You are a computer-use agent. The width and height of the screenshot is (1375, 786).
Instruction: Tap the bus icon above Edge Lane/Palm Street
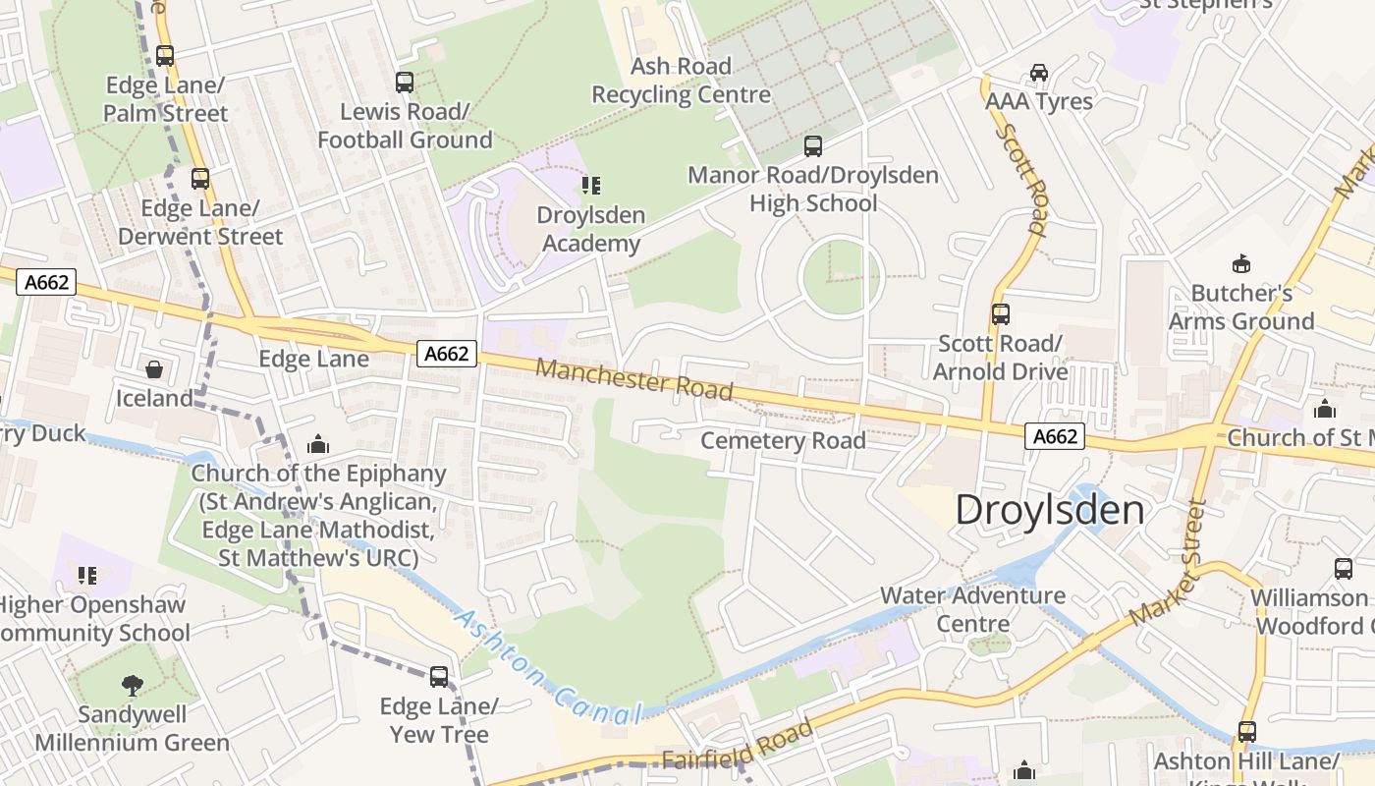click(165, 56)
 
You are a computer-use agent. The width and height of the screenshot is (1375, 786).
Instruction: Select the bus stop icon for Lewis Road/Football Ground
click(405, 83)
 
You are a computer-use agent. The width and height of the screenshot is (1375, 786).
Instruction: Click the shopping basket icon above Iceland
click(154, 369)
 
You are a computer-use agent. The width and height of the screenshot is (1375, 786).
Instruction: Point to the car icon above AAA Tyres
click(1038, 73)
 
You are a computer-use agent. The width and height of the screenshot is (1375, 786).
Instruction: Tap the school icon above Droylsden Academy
click(590, 185)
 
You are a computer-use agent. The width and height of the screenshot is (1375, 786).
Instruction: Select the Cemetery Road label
click(783, 440)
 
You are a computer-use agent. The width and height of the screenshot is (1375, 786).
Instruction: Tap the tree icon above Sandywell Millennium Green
click(132, 685)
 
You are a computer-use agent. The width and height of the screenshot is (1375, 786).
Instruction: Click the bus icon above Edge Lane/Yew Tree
click(439, 677)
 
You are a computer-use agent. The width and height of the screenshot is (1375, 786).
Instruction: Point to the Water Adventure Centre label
click(972, 609)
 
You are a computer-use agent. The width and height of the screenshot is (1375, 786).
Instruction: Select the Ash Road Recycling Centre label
click(681, 81)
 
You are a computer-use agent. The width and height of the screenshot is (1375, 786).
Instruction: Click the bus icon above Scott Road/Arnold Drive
click(1000, 314)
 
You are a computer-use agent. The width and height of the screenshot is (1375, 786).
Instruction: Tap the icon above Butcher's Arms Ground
click(1240, 263)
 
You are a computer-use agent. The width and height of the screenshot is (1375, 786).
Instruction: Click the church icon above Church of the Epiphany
click(317, 445)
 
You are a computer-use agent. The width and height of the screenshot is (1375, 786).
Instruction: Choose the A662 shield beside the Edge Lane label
click(447, 354)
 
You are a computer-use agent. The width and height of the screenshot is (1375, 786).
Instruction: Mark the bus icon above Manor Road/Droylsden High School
click(812, 146)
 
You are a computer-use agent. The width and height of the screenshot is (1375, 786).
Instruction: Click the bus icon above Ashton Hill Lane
click(1246, 732)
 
